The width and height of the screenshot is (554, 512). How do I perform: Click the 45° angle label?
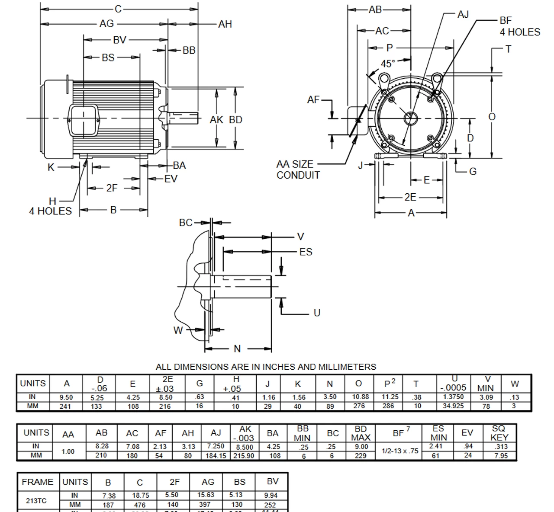pyautogui.click(x=387, y=64)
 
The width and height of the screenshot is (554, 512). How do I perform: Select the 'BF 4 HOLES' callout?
pyautogui.click(x=519, y=26)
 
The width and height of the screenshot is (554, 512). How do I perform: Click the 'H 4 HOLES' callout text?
pyautogui.click(x=51, y=206)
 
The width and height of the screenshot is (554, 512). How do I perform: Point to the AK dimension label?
pyautogui.click(x=216, y=120)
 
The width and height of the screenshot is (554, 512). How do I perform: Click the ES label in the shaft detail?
pyautogui.click(x=306, y=252)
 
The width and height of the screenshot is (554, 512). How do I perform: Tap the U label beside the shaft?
pyautogui.click(x=317, y=313)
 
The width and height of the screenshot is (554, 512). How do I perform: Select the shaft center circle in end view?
pyautogui.click(x=410, y=118)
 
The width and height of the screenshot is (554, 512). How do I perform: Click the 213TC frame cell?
pyautogui.click(x=36, y=500)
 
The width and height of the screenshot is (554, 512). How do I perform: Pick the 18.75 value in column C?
pyautogui.click(x=140, y=496)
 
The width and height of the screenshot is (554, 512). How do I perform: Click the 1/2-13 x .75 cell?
pyautogui.click(x=400, y=451)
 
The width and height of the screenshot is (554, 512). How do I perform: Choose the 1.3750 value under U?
pyautogui.click(x=453, y=397)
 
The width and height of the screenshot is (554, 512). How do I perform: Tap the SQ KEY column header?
pyautogui.click(x=499, y=432)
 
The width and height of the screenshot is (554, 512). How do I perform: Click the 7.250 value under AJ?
pyautogui.click(x=216, y=446)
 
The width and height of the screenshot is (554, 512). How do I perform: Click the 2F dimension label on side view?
pyautogui.click(x=112, y=188)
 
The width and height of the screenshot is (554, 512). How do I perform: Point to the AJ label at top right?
pyautogui.click(x=463, y=15)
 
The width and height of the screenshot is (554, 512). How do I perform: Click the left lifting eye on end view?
pyautogui.click(x=383, y=79)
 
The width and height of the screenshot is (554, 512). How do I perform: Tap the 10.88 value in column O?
pyautogui.click(x=359, y=397)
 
